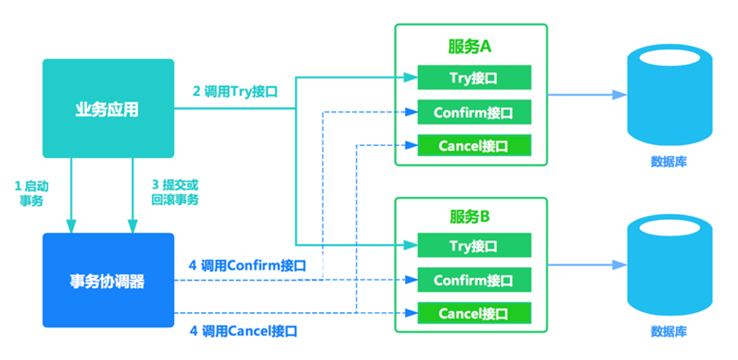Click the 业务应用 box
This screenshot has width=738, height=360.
108,108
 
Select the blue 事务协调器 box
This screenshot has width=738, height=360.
108,281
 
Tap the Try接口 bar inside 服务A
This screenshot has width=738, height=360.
474,78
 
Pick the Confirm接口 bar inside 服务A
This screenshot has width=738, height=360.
474,112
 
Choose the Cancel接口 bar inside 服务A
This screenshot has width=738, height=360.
474,145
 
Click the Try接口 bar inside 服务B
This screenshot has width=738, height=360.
474,247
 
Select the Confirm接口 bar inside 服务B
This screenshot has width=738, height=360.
474,280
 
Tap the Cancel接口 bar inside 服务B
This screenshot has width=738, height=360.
474,313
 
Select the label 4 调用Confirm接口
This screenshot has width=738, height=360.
247,265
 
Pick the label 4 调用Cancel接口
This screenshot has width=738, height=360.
242,330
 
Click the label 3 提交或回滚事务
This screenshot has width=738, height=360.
175,193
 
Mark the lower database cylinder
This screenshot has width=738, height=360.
669,264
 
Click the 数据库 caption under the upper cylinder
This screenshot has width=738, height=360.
669,161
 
